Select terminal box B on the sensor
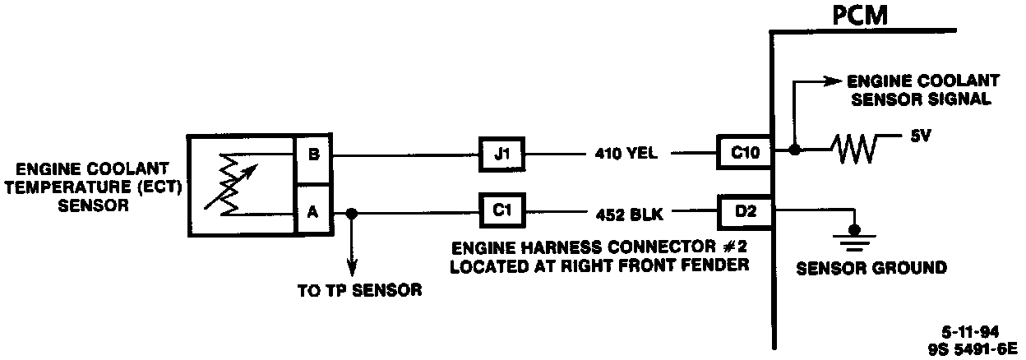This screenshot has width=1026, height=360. coord(312,153)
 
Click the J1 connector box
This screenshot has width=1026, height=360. coord(501,153)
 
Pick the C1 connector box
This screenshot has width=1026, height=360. coord(501,213)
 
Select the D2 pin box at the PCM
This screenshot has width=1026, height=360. coord(744,211)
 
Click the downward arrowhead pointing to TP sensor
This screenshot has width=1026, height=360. coord(352,268)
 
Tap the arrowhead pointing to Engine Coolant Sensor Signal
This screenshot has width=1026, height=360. coord(829,81)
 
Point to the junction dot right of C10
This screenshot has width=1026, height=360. coord(793,150)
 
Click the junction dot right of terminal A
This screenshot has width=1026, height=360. coord(352,213)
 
